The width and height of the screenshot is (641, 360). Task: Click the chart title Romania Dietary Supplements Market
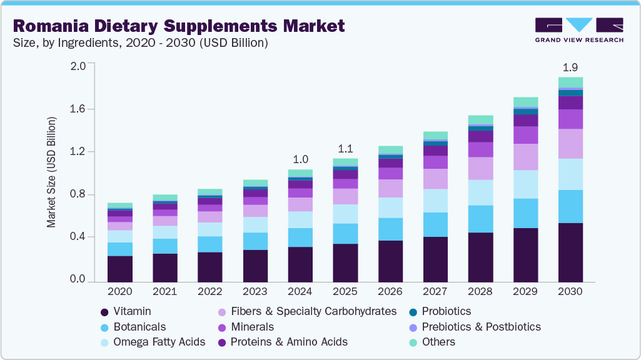click(178, 26)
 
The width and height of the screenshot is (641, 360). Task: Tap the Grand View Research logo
click(579, 29)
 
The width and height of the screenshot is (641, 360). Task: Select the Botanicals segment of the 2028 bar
click(480, 219)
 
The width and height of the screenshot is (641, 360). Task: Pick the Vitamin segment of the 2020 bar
click(120, 268)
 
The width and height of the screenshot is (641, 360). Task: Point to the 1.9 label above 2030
click(570, 66)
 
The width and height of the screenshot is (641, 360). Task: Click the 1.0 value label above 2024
click(300, 159)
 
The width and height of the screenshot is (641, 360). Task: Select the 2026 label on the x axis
click(390, 292)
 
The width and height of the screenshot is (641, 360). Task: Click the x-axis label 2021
click(165, 292)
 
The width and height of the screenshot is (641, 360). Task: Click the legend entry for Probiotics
click(446, 311)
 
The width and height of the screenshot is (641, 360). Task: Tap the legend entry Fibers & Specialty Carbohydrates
click(313, 311)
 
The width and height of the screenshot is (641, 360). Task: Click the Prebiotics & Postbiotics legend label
click(481, 327)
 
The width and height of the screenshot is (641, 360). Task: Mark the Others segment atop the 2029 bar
click(525, 102)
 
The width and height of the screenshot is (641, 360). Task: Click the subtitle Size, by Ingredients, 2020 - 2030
click(140, 43)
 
